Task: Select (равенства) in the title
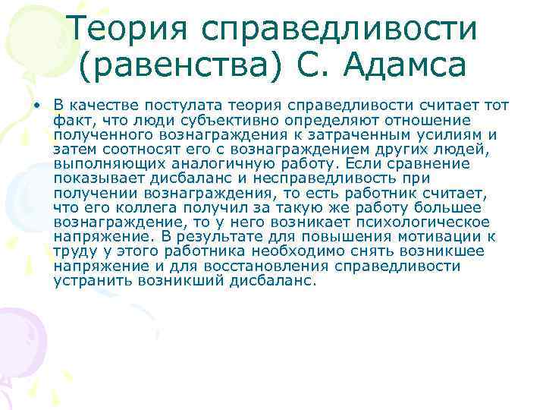[180, 66]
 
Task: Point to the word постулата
[169, 106]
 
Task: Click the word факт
[70, 120]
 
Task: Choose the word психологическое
[413, 222]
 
